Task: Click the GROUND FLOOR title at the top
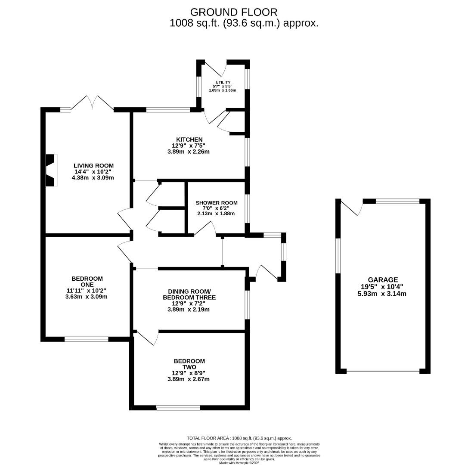(234, 12)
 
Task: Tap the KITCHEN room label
(189, 139)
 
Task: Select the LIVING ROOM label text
(93, 165)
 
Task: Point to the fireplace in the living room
(51, 170)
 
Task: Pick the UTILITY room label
(223, 83)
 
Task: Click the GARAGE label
(383, 279)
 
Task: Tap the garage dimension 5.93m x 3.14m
(383, 294)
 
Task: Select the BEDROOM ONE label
(87, 279)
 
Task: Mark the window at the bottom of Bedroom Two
(178, 408)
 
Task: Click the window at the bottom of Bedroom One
(86, 339)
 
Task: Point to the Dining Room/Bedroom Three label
(189, 294)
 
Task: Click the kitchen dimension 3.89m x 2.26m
(189, 152)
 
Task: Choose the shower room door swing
(206, 229)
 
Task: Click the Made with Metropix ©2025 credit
(239, 462)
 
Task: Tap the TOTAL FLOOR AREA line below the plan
(239, 438)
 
